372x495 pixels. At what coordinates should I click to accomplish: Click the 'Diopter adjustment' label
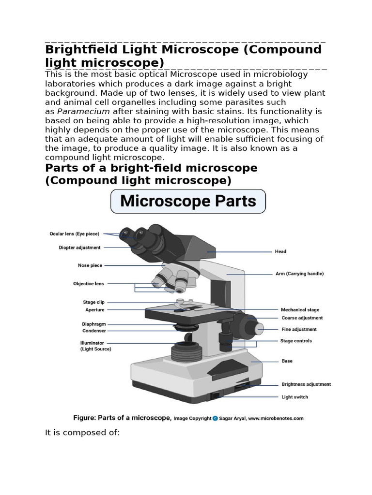tap(80, 247)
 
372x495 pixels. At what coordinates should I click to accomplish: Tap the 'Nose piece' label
tap(90, 265)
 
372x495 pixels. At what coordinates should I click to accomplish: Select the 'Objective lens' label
tap(89, 284)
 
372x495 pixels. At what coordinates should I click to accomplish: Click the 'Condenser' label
tap(94, 331)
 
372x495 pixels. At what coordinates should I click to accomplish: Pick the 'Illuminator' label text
tap(92, 343)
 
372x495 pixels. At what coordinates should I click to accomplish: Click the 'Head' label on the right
tap(280, 251)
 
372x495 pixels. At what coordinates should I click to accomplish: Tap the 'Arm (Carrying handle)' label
tap(299, 274)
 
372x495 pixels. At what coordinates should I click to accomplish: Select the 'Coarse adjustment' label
tap(302, 318)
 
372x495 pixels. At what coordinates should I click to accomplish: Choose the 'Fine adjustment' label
tap(299, 329)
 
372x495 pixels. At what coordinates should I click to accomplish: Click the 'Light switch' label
tap(294, 397)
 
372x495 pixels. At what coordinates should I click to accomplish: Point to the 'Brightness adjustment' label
tap(306, 385)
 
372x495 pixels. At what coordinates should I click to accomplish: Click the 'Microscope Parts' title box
tap(188, 201)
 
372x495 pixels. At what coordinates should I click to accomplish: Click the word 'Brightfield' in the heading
tap(82, 50)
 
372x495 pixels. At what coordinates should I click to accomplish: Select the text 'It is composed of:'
tap(82, 432)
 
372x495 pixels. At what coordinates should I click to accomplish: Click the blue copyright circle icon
tap(215, 418)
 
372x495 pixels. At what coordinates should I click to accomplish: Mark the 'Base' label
tap(287, 361)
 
